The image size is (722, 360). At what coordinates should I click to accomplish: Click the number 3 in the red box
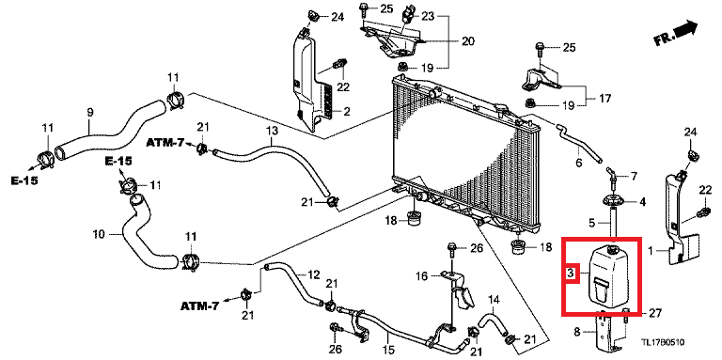[x=570, y=274]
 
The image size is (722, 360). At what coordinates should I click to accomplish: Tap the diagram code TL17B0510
[x=664, y=342]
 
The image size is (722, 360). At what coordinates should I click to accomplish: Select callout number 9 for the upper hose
[x=90, y=112]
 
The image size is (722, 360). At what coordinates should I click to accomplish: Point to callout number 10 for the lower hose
[x=99, y=235]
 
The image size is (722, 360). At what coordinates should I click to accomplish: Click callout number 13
[x=272, y=132]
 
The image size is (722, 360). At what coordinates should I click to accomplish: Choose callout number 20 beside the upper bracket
[x=468, y=41]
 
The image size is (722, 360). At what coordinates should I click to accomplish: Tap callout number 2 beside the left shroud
[x=347, y=111]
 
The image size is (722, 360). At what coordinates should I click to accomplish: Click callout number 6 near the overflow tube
[x=579, y=163]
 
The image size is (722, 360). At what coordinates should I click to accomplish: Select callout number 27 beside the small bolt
[x=654, y=314]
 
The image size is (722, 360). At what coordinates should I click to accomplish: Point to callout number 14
[x=494, y=300]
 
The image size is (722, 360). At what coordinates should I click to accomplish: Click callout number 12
[x=314, y=275]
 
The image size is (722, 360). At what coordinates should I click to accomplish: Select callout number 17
[x=605, y=98]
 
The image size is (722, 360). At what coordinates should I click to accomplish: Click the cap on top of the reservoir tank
[x=613, y=248]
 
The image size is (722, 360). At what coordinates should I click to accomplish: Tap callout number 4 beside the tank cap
[x=642, y=202]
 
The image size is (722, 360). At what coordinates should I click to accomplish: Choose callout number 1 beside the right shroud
[x=651, y=251]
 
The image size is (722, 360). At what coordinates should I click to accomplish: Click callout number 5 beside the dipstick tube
[x=592, y=224]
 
